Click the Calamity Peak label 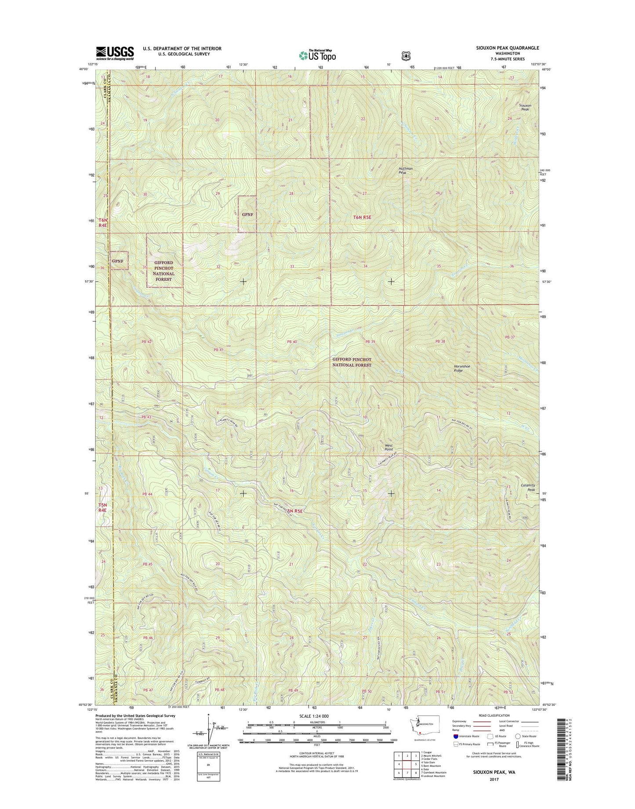point(528,487)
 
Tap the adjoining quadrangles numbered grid point(407,764)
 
